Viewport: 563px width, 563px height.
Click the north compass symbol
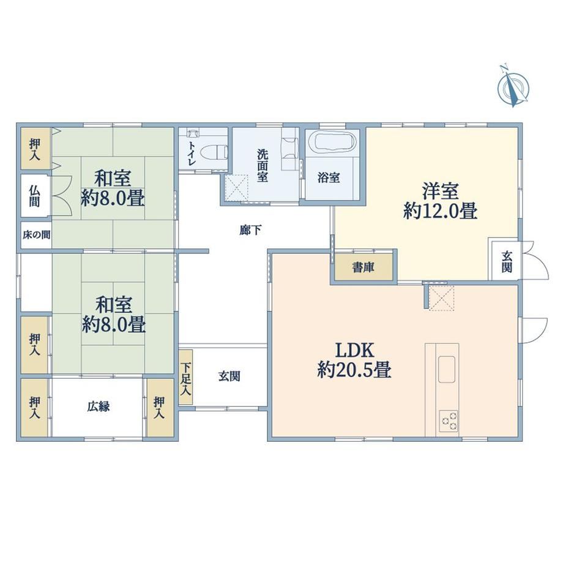(513, 87)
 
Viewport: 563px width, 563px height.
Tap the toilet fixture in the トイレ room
(214, 153)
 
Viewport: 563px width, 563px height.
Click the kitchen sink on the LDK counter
(446, 369)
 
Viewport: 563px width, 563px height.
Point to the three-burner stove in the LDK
(449, 420)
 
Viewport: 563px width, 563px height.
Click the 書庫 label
(364, 267)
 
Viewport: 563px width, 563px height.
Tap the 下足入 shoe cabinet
(185, 378)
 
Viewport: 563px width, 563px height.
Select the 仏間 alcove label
(35, 196)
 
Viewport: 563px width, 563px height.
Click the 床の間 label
(36, 235)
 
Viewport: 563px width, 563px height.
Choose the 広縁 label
(98, 407)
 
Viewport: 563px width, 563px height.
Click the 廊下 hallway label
(250, 230)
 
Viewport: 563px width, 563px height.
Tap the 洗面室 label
(263, 165)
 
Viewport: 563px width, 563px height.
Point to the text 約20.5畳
(354, 370)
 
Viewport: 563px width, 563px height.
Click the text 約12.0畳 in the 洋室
(440, 211)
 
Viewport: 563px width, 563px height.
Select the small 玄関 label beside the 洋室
(507, 262)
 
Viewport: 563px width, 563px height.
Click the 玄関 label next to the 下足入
(229, 376)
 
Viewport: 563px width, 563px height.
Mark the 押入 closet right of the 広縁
(160, 408)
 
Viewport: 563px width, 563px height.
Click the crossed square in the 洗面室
(237, 187)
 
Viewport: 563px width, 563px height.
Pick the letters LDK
(355, 349)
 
